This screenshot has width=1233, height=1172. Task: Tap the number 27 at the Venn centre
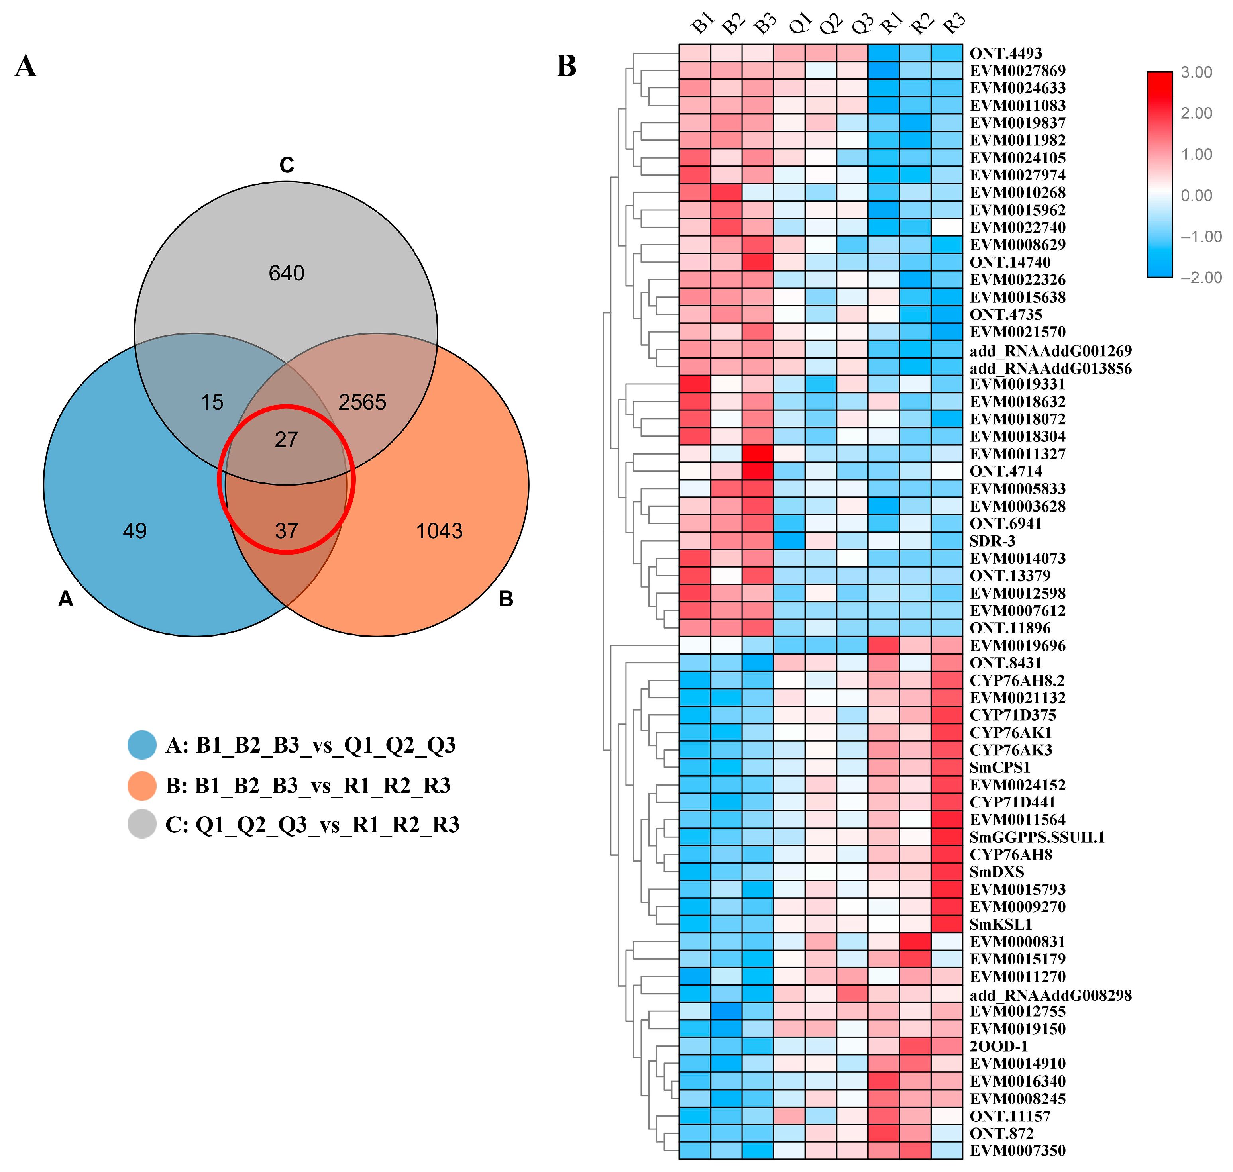coord(286,440)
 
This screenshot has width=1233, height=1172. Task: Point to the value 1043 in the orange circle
coord(439,531)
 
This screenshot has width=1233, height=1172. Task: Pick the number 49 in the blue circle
coord(134,531)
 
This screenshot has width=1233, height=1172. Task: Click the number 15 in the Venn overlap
coord(212,402)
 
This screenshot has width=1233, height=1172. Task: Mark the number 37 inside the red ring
coord(286,531)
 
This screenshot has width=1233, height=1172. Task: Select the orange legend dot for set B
coord(142,785)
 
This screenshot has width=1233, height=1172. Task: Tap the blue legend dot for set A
coord(142,745)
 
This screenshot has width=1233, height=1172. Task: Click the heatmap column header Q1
coord(799,25)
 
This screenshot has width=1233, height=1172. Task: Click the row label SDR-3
coord(992,541)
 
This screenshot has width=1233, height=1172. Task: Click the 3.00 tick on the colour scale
coord(1196,73)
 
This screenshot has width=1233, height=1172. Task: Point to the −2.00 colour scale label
coord(1200,277)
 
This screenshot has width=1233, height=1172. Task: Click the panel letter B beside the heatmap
coord(566,66)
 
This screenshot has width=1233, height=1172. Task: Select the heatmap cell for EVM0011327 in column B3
coord(758,454)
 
